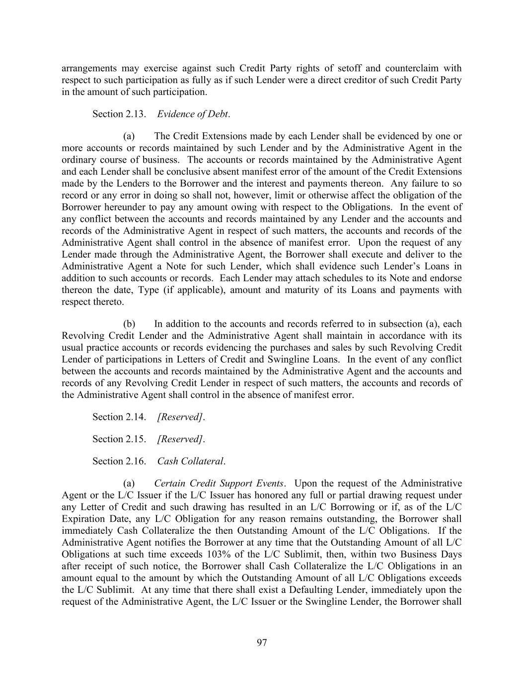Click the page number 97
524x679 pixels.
[x=262, y=643]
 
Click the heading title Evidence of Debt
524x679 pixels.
[x=193, y=114]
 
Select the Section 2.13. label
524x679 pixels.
[x=119, y=114]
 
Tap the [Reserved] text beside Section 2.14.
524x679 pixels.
[x=180, y=417]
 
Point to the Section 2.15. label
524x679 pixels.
[x=119, y=439]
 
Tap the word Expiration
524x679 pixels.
[x=84, y=519]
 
